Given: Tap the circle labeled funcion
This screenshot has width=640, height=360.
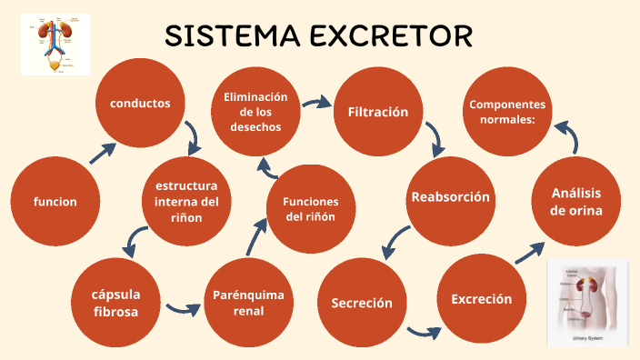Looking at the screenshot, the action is pos(55,202).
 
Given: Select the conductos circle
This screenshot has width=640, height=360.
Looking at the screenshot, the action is pos(141,104).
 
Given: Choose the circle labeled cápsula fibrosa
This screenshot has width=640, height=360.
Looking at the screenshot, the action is pos(115,303).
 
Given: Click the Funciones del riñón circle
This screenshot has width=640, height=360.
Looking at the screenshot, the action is pos(311,209).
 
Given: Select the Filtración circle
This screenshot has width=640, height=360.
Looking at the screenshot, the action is pos(378,113).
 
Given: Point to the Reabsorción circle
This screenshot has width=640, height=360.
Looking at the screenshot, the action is pos(450,197).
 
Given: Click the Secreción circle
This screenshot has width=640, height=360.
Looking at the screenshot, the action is pos(361,303).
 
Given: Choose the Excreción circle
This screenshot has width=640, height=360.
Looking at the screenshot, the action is pos(481,299).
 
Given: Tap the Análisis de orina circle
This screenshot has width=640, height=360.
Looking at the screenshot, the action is pos(576,202).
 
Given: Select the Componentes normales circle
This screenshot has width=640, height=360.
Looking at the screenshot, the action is pos(508,112).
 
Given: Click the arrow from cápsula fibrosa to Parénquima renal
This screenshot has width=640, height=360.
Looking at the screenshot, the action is pos(183,307).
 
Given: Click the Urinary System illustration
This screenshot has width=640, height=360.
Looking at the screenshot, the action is pos(586,303).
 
